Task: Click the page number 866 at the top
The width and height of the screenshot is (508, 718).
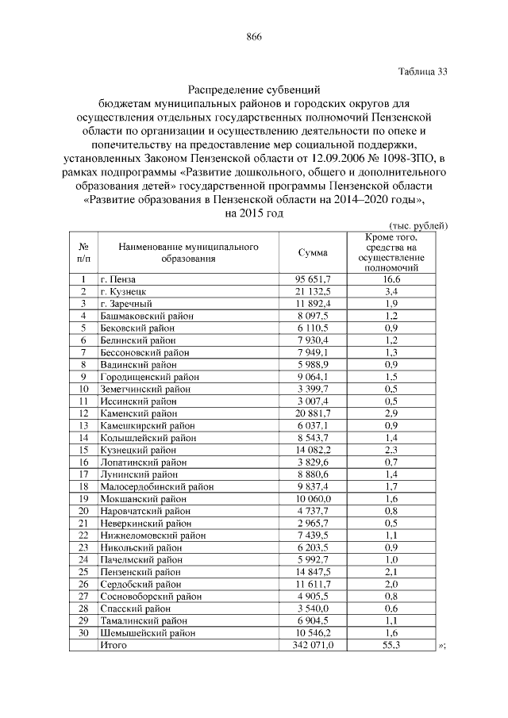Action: [254, 37]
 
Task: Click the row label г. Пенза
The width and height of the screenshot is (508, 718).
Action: [118, 279]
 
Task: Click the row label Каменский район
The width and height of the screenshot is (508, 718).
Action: [139, 413]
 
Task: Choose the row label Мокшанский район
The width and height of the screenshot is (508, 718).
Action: [143, 498]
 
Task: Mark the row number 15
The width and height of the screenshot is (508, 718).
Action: [83, 450]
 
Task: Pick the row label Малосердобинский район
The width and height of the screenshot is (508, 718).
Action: [154, 486]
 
